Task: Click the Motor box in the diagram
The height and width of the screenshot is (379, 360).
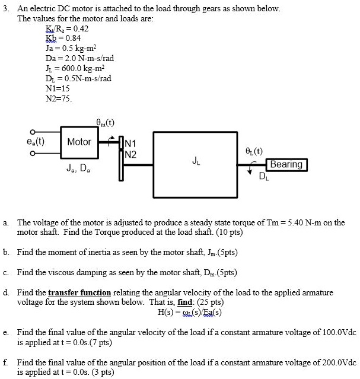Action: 79,142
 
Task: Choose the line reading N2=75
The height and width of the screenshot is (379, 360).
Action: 59,98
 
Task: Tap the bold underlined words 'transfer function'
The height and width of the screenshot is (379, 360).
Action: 79,293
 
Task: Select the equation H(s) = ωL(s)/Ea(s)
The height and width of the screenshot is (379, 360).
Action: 190,313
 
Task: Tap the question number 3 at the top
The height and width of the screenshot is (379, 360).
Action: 5,10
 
